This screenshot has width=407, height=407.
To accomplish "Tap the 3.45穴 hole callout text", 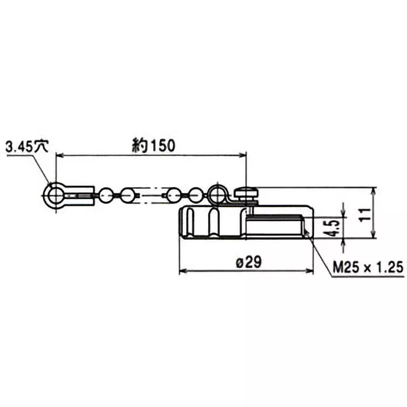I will pos(26,147).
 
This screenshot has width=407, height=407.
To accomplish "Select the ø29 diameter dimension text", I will pos(249,263).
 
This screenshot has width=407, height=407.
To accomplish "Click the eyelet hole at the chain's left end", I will pos(54,194).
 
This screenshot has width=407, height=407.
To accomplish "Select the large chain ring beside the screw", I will pos(217,193).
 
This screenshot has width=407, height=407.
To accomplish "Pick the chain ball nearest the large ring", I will pos(195,194).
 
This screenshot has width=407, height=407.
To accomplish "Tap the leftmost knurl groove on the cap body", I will pos(188,222).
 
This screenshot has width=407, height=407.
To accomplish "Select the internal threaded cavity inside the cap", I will pos(275,225).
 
